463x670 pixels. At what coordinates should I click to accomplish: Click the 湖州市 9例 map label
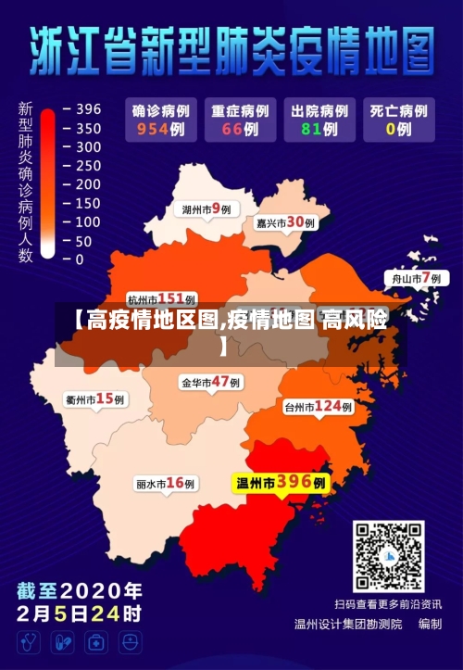pyautogui.click(x=206, y=209)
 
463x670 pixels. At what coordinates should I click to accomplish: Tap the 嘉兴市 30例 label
pyautogui.click(x=285, y=222)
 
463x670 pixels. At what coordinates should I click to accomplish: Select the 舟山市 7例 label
pyautogui.click(x=413, y=278)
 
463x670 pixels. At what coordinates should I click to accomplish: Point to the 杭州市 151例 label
pyautogui.click(x=161, y=298)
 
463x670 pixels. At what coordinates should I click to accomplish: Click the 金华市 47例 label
pyautogui.click(x=210, y=382)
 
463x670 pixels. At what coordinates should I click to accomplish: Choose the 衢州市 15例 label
pyautogui.click(x=95, y=399)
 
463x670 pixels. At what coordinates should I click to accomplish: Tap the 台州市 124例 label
pyautogui.click(x=318, y=406)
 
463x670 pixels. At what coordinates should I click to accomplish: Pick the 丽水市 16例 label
pyautogui.click(x=166, y=483)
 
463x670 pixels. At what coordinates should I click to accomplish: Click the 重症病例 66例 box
pyautogui.click(x=239, y=120)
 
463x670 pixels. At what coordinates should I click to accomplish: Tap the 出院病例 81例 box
pyautogui.click(x=317, y=120)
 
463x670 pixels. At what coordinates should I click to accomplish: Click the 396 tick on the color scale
pyautogui.click(x=88, y=109)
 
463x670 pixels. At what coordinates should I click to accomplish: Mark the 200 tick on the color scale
pyautogui.click(x=88, y=184)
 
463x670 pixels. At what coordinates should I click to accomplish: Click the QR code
pyautogui.click(x=388, y=556)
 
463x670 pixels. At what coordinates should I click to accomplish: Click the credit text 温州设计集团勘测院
pyautogui.click(x=347, y=624)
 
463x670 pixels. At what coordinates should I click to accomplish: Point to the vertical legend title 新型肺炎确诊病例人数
pyautogui.click(x=25, y=182)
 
